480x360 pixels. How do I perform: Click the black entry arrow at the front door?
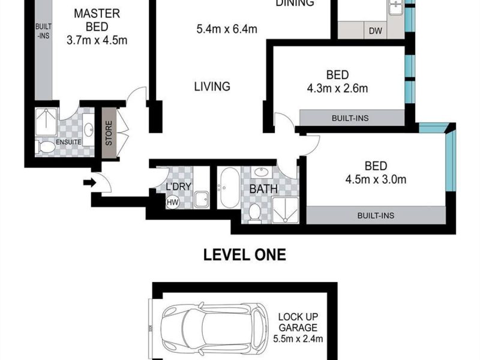(x=89, y=183)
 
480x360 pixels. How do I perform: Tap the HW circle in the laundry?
(x=173, y=202)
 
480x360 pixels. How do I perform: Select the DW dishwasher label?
(x=376, y=31)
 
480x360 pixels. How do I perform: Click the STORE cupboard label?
(x=109, y=133)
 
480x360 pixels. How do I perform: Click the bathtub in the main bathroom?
(x=230, y=187)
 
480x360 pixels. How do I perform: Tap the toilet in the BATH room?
(x=254, y=211)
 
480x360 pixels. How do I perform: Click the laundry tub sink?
(x=202, y=200)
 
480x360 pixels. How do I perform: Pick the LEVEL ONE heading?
(x=245, y=254)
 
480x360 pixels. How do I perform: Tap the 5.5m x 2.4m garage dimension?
(x=298, y=339)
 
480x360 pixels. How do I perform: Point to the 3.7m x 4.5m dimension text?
(x=97, y=40)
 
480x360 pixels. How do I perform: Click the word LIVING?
(x=212, y=86)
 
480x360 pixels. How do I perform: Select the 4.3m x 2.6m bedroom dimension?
(x=337, y=88)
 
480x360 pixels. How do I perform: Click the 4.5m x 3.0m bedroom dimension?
(x=376, y=179)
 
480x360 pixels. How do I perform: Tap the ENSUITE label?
(x=68, y=142)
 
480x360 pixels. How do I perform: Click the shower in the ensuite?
(x=46, y=122)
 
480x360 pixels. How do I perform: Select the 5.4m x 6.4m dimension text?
(x=227, y=29)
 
